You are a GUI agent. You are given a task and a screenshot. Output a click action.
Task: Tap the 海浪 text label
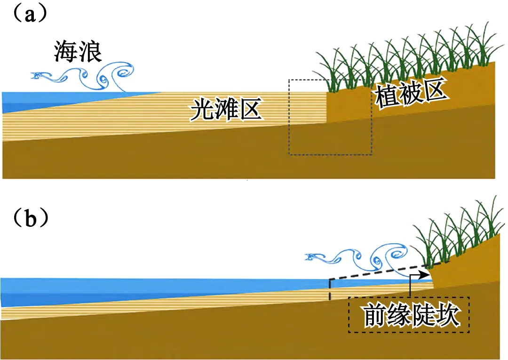(78, 52)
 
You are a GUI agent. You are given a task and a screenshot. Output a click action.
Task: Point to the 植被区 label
(410, 96)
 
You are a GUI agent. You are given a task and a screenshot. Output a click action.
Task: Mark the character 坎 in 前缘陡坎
(447, 316)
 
